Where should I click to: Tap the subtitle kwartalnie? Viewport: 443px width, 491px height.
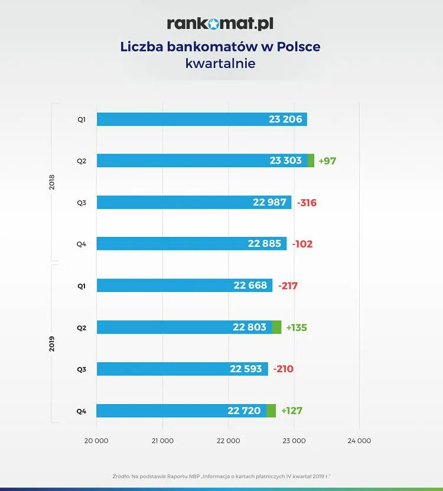click(x=220, y=63)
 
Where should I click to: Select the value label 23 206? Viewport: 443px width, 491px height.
click(x=285, y=119)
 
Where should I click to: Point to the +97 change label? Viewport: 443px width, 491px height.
click(x=327, y=161)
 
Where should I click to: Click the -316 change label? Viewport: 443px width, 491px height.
click(x=307, y=203)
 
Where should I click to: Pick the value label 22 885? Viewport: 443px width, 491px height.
click(x=265, y=243)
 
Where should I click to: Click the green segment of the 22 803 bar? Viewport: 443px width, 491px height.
click(x=276, y=327)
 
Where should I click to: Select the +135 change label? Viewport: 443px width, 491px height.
click(x=297, y=327)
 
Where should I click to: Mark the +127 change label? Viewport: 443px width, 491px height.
click(x=292, y=411)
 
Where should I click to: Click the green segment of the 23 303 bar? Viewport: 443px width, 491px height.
click(x=311, y=161)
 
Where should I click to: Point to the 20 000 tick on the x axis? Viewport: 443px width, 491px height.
click(x=96, y=441)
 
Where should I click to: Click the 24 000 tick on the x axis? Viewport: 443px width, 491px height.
click(x=359, y=441)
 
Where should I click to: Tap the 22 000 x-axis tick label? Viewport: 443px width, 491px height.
click(x=228, y=441)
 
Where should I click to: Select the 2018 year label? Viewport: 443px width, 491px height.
click(x=51, y=182)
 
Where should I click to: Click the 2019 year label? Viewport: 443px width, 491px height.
click(x=51, y=344)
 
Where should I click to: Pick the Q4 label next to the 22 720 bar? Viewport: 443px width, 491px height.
click(x=82, y=411)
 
